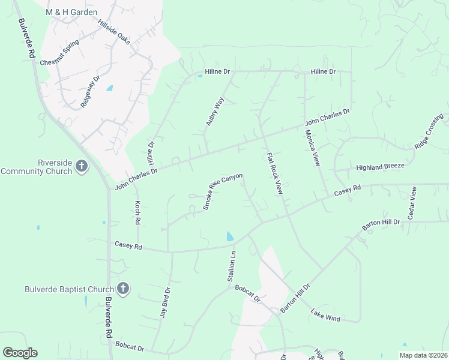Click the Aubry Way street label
coord(214,111)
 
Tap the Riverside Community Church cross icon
coord(82,166)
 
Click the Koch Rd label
coord(137,213)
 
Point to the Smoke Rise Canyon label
coord(223,191)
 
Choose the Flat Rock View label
coord(274,172)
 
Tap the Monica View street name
coord(312,147)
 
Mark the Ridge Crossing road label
coord(429,131)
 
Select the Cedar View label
coord(412,202)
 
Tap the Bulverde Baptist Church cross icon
coord(122,289)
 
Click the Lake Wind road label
coord(325,315)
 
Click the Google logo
coord(20,353)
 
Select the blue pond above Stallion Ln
coord(230,236)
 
